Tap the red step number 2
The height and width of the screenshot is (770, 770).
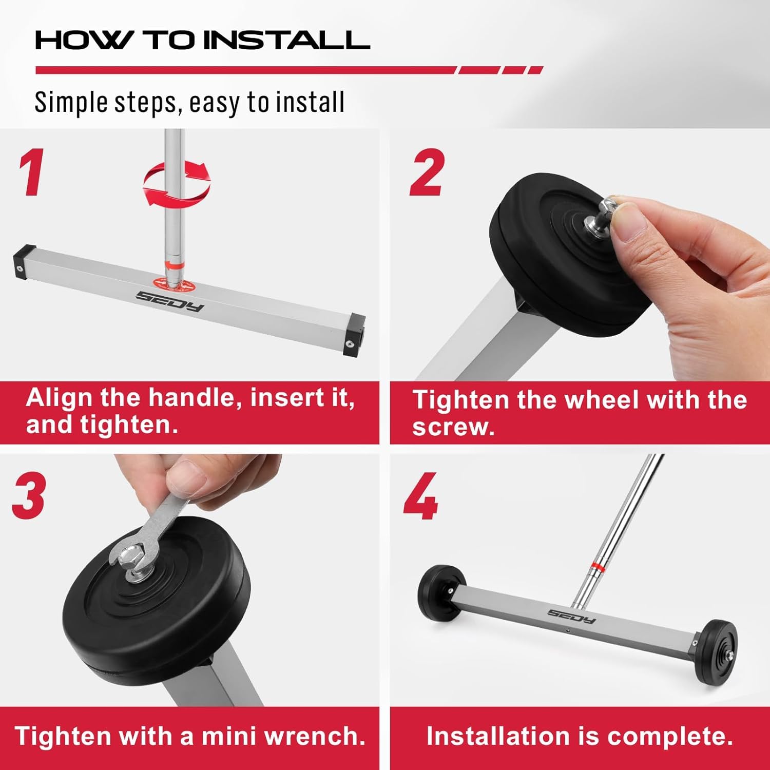tap(426, 172)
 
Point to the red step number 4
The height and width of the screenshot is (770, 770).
tap(420, 496)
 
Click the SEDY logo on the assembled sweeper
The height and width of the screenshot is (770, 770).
tap(571, 616)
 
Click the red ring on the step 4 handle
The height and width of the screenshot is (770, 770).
tap(596, 566)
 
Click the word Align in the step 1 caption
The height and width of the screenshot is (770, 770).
tap(60, 398)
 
